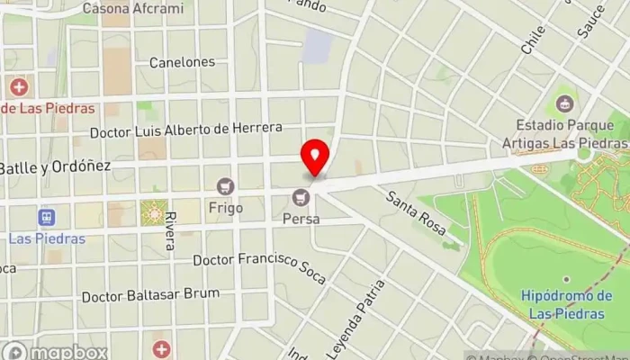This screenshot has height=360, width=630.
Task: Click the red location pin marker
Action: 315,157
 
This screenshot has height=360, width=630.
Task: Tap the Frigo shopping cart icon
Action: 226,186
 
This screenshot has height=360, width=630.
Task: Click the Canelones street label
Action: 182,62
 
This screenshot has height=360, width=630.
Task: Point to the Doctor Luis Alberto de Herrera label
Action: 186,130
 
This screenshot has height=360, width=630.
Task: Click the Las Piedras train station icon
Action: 46,218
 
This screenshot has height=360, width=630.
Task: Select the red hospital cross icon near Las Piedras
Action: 18,87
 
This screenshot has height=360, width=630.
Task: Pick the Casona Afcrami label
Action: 132,9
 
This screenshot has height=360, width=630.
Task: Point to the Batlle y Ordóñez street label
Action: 54,167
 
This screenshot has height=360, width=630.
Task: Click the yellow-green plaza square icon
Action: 152,213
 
